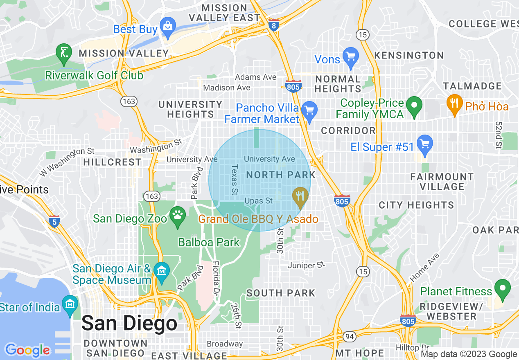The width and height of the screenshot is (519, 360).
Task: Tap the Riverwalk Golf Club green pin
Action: click(64, 54)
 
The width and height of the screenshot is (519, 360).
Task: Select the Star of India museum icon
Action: click(71, 305)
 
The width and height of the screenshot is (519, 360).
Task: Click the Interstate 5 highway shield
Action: click(54, 221)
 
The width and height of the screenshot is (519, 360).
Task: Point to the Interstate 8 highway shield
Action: click(274, 25)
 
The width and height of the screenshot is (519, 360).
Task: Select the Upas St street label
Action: click(258, 201)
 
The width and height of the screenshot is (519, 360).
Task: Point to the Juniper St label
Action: click(306, 265)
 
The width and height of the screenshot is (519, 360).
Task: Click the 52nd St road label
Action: click(499, 135)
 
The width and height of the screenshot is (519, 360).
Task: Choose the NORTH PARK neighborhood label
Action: click(280, 175)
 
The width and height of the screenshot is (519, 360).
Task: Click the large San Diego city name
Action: click(129, 323)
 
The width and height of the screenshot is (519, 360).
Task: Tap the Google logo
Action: click(27, 350)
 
